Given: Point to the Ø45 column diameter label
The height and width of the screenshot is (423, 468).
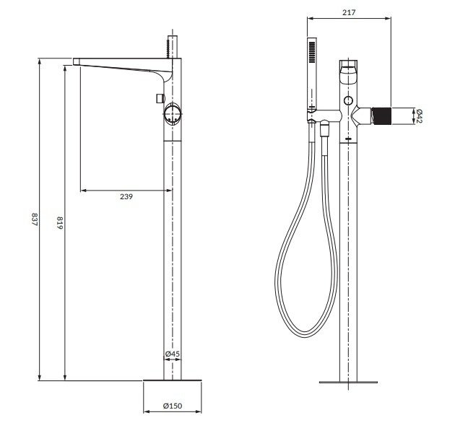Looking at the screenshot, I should [172, 354].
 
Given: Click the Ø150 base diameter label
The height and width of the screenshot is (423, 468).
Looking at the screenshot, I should [172, 406].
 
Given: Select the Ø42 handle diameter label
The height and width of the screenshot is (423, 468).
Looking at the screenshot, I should [419, 116].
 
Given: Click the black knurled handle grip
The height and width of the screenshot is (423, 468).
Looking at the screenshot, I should [380, 115].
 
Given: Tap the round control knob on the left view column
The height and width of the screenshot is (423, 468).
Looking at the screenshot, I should [173, 113].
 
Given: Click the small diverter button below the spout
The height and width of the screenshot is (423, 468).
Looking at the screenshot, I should [158, 97].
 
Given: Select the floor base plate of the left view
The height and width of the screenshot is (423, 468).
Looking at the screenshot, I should [172, 379].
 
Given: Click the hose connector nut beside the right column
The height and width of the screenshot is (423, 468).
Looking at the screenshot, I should [325, 131].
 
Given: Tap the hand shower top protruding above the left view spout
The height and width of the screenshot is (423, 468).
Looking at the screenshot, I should [172, 43].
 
